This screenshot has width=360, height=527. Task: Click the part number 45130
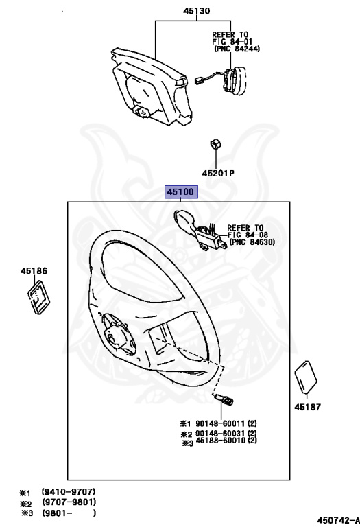(x=196, y=11)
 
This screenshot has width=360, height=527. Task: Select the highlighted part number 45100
(x=180, y=192)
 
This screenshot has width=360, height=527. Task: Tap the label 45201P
(x=218, y=174)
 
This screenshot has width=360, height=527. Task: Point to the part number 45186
(x=34, y=271)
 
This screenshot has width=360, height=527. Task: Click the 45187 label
(x=308, y=407)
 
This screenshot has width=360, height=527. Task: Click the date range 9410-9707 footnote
(x=69, y=492)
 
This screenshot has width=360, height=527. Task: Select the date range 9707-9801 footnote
(x=69, y=502)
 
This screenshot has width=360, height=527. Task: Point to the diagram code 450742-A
(x=338, y=520)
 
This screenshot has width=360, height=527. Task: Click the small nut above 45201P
(x=215, y=144)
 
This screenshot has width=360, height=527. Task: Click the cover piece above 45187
(x=306, y=377)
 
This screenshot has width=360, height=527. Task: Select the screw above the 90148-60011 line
(x=224, y=399)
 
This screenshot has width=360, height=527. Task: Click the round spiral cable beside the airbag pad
(x=234, y=78)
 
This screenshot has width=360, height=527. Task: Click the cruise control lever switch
(x=198, y=229)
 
